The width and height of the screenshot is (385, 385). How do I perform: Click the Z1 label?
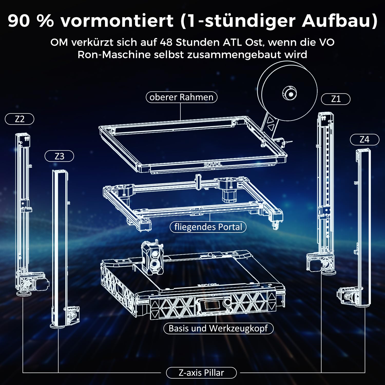(x=336, y=99)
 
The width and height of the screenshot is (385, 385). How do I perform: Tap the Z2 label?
(x=20, y=119)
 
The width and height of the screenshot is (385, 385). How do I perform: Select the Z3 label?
(x=59, y=156)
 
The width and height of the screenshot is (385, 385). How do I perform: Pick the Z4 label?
(x=364, y=140)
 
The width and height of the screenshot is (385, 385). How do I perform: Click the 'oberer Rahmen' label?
(x=181, y=97)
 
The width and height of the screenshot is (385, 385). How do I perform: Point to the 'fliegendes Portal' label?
(x=208, y=227)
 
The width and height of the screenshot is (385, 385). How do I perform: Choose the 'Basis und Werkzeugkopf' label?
(x=218, y=328)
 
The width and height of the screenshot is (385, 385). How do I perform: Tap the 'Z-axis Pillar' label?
(x=201, y=373)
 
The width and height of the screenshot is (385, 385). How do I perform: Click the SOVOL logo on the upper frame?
(x=213, y=164)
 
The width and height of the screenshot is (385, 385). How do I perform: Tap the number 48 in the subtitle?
(x=166, y=42)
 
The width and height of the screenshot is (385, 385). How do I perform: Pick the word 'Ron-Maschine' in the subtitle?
(x=114, y=55)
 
